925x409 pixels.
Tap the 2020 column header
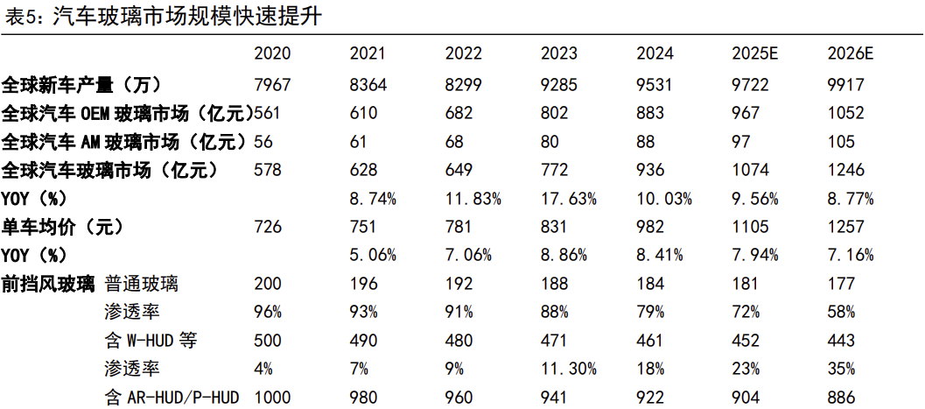tap(272, 53)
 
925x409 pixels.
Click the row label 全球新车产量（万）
tap(81, 84)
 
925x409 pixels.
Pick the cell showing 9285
tap(559, 84)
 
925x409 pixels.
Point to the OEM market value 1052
tap(846, 113)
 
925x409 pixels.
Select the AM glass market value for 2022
tap(454, 142)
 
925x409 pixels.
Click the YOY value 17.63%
tap(569, 199)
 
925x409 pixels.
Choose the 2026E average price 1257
tap(846, 227)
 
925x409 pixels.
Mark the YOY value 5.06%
tap(373, 256)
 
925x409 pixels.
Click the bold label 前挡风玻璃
tap(48, 285)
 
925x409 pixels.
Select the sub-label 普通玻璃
tap(142, 285)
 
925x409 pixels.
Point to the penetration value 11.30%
tap(569, 370)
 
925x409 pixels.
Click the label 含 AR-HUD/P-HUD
tap(172, 398)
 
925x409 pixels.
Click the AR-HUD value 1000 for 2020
tap(272, 398)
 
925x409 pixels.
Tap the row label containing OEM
tap(128, 113)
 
